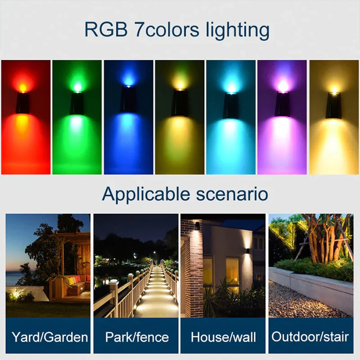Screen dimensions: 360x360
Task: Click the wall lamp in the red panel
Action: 22,103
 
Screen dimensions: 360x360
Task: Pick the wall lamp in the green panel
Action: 77,103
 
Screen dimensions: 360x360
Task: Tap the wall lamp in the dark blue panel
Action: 128,99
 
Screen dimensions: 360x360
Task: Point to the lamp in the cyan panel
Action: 231,106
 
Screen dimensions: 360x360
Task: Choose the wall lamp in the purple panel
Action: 283,104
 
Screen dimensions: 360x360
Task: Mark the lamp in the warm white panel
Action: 334,106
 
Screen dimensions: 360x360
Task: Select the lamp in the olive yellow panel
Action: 180,103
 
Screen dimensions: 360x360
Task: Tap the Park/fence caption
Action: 136,337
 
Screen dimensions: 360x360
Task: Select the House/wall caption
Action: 223,337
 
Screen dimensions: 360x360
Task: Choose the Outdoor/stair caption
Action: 311,337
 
